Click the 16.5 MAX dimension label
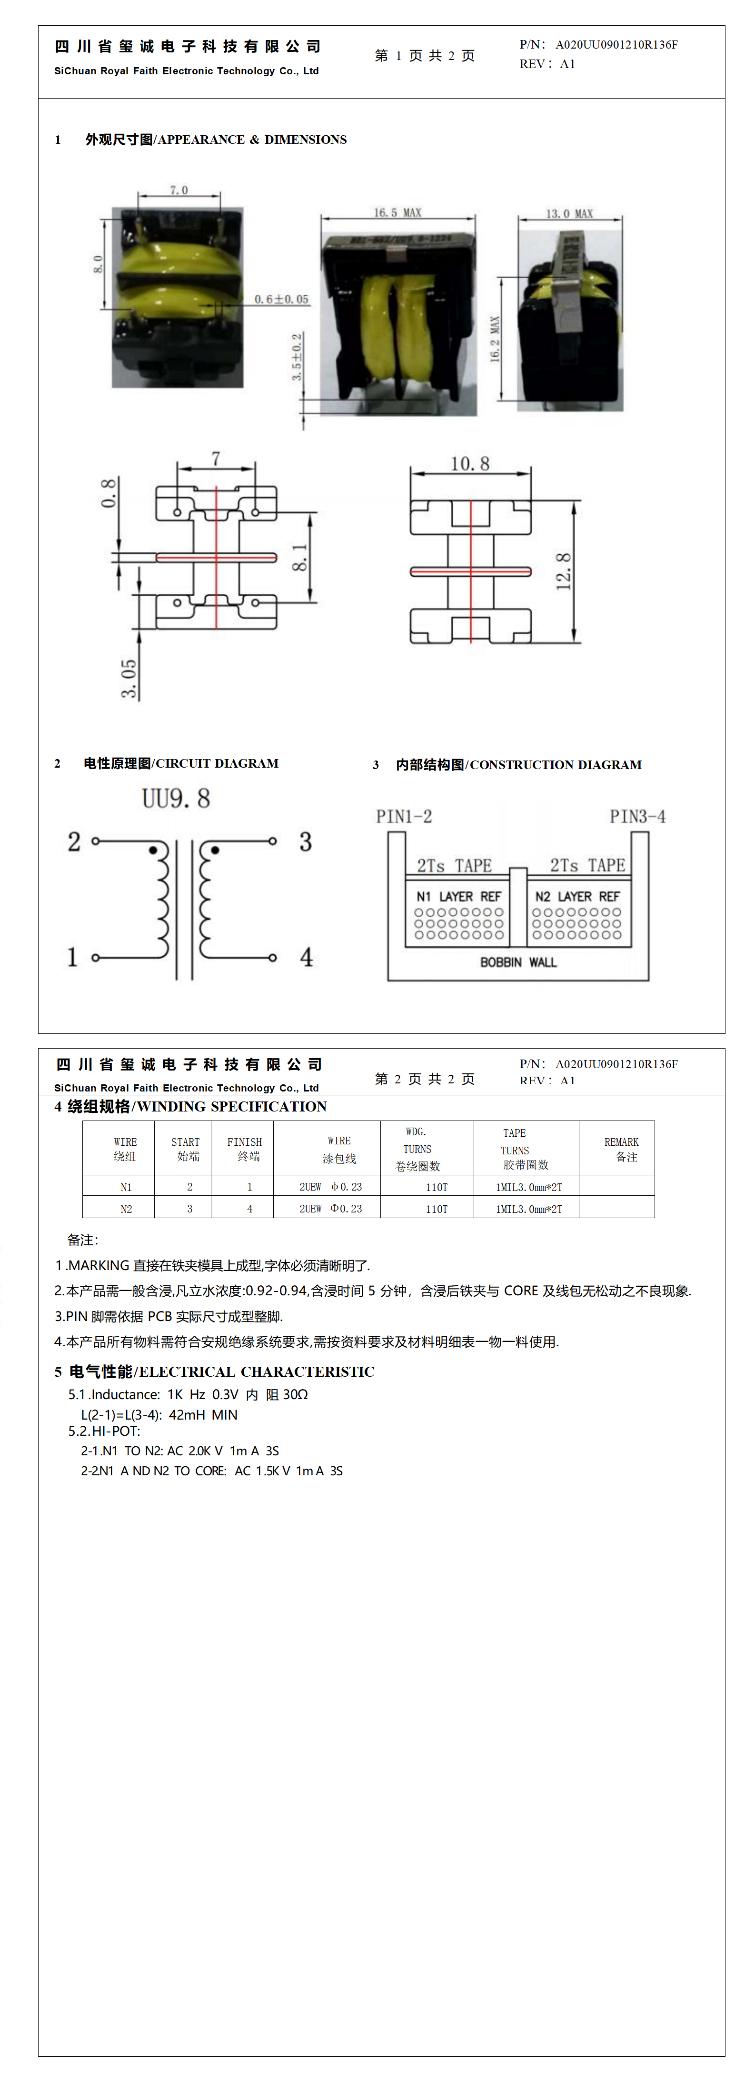coord(397,212)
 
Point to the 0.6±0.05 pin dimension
coord(281,299)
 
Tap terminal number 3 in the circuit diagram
coord(306,842)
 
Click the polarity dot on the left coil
coord(153,850)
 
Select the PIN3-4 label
coord(637,816)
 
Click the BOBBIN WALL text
coord(518,962)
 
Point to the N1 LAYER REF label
coord(458,896)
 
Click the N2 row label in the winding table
coord(126,1209)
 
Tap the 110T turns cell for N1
coord(437,1187)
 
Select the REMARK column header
coord(621,1149)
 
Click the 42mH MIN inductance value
coord(203,1414)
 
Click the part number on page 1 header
coord(616,44)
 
